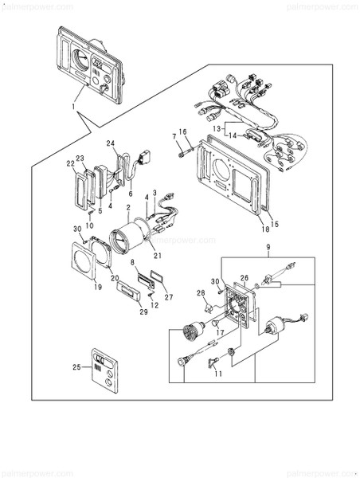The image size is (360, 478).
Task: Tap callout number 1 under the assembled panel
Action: click(x=73, y=106)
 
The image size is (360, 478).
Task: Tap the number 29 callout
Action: click(x=143, y=312)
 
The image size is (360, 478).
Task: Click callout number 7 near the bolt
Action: click(x=174, y=136)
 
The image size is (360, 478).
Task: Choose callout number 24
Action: click(x=112, y=143)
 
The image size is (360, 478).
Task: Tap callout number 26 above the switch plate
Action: click(x=245, y=279)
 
